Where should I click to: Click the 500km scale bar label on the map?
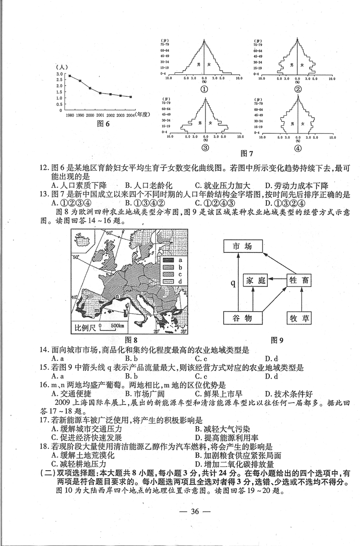(114, 327)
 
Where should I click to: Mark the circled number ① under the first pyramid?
(204, 89)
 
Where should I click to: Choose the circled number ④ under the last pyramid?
(298, 148)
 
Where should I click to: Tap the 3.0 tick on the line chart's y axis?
(60, 74)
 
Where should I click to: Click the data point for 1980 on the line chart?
(70, 76)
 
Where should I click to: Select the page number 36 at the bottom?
(180, 511)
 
